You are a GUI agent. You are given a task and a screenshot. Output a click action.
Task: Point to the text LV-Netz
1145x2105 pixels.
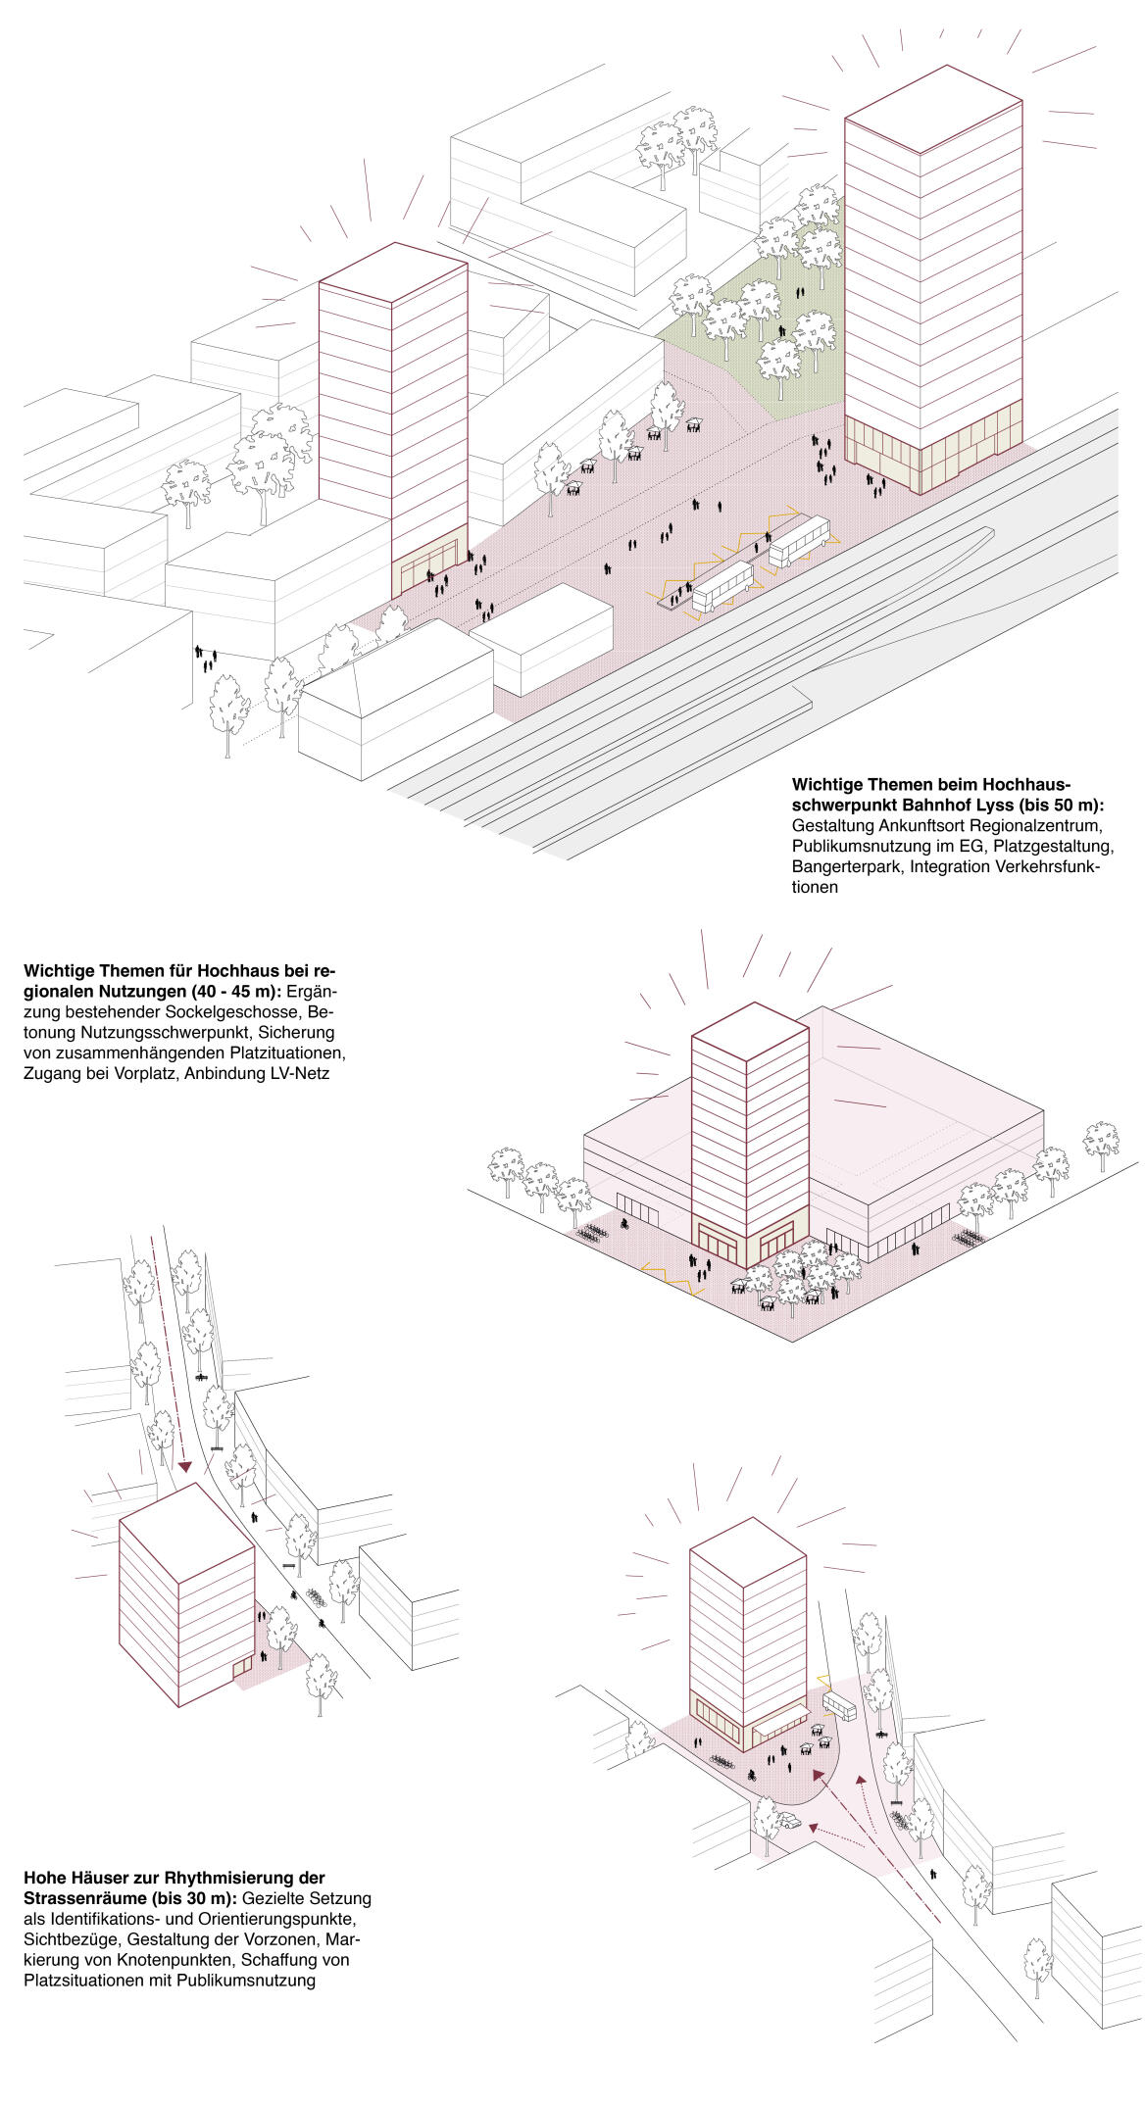pos(300,1073)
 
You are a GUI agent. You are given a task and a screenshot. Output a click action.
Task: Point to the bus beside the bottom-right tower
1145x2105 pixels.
pos(839,1706)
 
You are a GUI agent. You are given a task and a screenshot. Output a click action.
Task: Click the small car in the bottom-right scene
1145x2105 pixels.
pos(789,1821)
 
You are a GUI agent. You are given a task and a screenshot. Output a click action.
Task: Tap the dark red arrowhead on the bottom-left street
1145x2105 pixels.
pos(183,1467)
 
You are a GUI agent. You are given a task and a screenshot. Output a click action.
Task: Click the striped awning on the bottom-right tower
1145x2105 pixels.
pos(780,1714)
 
